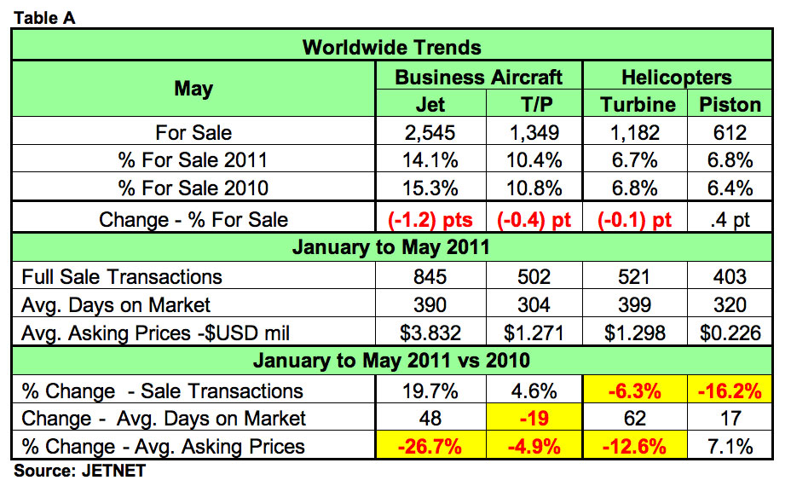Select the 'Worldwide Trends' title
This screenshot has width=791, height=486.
pos(392,47)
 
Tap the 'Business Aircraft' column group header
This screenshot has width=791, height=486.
pos(478,77)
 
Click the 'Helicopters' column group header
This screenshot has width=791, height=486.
pos(676,77)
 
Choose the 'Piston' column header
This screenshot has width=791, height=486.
pos(730,105)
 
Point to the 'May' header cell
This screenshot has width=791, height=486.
pos(193,90)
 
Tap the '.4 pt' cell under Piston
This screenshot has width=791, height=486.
pos(730,219)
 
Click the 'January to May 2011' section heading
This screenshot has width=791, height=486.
pos(392,248)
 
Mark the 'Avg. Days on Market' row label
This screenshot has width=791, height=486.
pos(116,304)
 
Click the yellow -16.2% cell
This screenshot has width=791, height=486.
pos(730,391)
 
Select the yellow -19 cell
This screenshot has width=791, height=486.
pos(534,419)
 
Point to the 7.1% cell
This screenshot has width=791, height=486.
pos(730,446)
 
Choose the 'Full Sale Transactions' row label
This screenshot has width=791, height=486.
pos(122,276)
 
